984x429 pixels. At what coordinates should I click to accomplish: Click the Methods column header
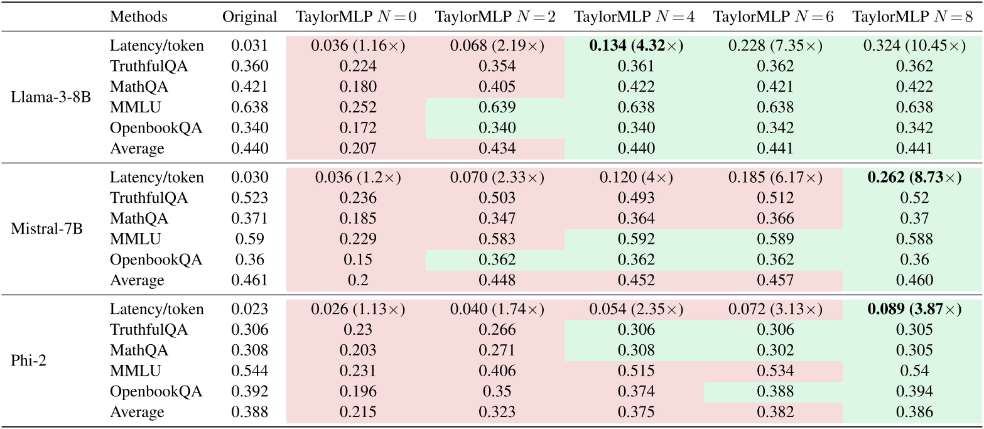coord(139,17)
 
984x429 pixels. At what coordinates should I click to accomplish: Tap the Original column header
coord(249,17)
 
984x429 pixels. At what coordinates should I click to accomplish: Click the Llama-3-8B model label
coord(48,98)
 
